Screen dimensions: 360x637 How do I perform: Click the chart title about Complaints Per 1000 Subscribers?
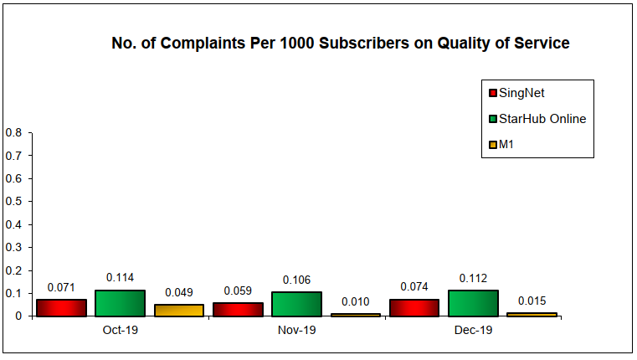click(341, 44)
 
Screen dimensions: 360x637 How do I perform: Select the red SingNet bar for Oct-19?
click(62, 308)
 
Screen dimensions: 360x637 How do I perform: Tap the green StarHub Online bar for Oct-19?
click(120, 303)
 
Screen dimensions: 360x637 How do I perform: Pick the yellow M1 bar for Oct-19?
click(179, 311)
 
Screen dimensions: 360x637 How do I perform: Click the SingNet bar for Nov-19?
click(238, 310)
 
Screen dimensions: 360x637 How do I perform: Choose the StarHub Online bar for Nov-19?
click(296, 304)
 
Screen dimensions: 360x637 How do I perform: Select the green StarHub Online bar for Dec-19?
click(473, 303)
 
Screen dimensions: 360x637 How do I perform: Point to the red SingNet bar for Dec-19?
click(414, 308)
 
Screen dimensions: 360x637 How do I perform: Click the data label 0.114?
click(120, 278)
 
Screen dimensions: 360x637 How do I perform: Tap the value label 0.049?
click(179, 292)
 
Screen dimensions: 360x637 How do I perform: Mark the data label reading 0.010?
click(356, 301)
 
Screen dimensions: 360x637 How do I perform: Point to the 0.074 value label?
click(414, 286)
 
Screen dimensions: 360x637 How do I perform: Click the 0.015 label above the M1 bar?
click(532, 300)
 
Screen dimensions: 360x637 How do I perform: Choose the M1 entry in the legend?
click(506, 145)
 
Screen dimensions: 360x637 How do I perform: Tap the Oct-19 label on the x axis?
click(120, 331)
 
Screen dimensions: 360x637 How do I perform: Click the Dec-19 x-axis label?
click(473, 331)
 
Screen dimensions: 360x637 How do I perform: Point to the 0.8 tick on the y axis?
click(13, 132)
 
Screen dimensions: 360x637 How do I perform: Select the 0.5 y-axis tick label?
click(13, 202)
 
